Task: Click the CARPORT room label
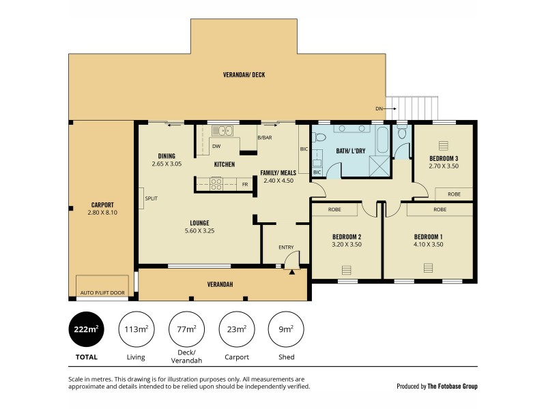(x=102, y=204)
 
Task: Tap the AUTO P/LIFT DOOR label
(x=102, y=292)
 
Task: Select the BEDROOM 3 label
(x=443, y=158)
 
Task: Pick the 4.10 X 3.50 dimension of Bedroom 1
(x=429, y=244)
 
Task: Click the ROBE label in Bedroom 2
(x=334, y=209)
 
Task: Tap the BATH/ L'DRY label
(x=351, y=151)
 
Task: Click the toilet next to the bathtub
(x=402, y=133)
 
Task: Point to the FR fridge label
(x=244, y=184)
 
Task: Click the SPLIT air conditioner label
(x=151, y=198)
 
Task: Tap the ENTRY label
(x=285, y=247)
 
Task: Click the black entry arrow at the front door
(x=292, y=272)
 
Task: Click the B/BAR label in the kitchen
(x=264, y=138)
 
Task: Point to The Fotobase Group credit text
(x=452, y=386)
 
